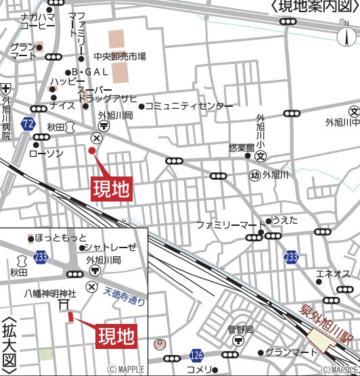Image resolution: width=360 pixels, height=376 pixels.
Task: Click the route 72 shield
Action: point(28,124)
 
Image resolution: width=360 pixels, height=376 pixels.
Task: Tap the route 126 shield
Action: point(196,355)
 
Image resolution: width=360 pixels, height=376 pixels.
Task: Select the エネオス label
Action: point(334,274)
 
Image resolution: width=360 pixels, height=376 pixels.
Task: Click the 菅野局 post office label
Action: point(240,329)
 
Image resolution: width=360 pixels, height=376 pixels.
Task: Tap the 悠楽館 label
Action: point(241,147)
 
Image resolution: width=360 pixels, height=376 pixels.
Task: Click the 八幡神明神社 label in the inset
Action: point(51,293)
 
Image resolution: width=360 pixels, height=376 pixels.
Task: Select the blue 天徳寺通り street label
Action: point(125,296)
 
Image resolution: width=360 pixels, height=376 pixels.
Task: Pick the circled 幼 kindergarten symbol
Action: point(254,175)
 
